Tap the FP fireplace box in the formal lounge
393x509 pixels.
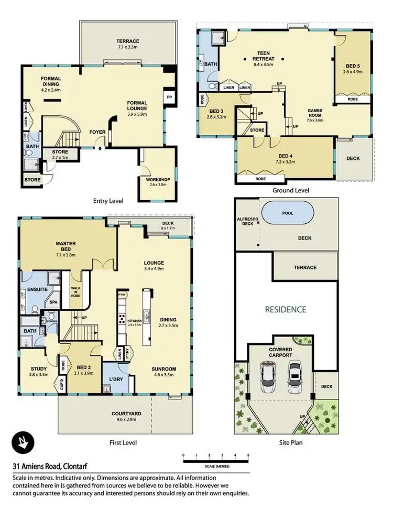169,98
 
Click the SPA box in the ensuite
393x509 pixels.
53,302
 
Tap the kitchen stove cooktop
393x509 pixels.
121,319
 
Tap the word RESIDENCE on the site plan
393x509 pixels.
285,309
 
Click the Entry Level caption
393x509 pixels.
108,201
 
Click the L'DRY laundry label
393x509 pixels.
115,379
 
